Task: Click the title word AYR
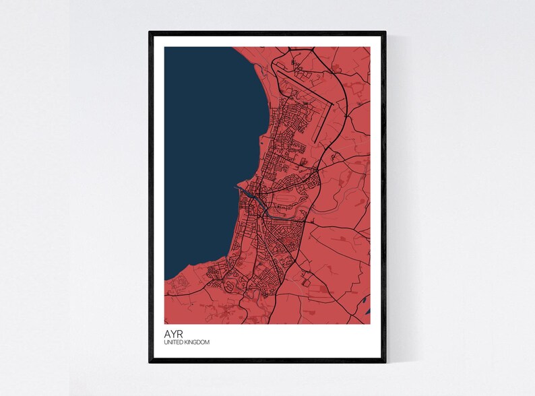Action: pos(172,333)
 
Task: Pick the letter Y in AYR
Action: pos(172,333)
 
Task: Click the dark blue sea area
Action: pos(202,168)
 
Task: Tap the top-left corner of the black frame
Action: pos(150,32)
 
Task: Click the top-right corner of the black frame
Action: pos(385,32)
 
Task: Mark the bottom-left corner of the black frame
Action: pos(150,362)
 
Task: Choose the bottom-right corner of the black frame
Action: pos(385,362)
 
